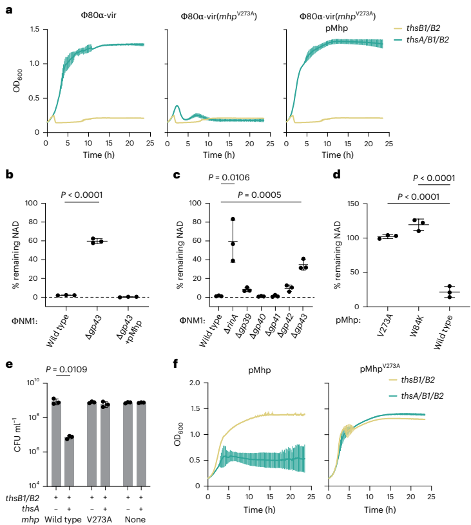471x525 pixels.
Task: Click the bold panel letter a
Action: tap(8, 9)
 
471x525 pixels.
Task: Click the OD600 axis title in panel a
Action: tap(16, 81)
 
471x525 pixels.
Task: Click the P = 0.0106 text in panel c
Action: tap(224, 177)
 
